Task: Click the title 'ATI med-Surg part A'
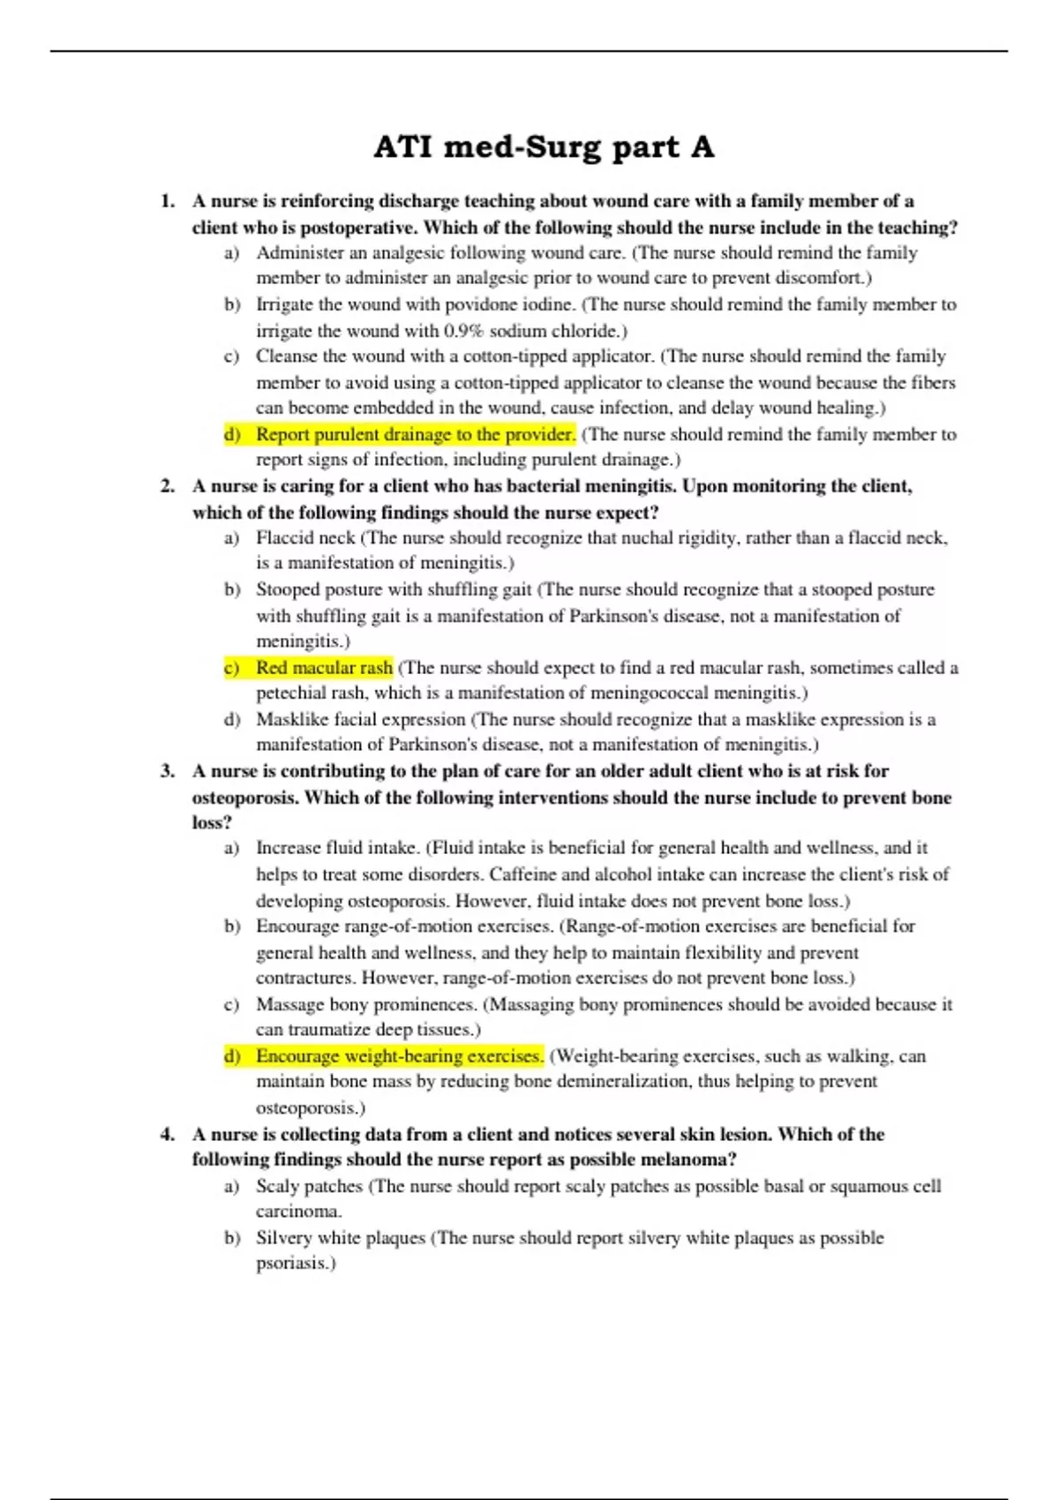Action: [544, 146]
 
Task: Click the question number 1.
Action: [167, 201]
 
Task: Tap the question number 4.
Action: [167, 1134]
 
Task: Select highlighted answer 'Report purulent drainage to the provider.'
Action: [416, 434]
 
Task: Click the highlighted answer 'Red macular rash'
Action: [324, 668]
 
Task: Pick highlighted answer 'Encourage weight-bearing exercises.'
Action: [399, 1056]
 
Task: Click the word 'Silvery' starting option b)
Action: [284, 1238]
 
